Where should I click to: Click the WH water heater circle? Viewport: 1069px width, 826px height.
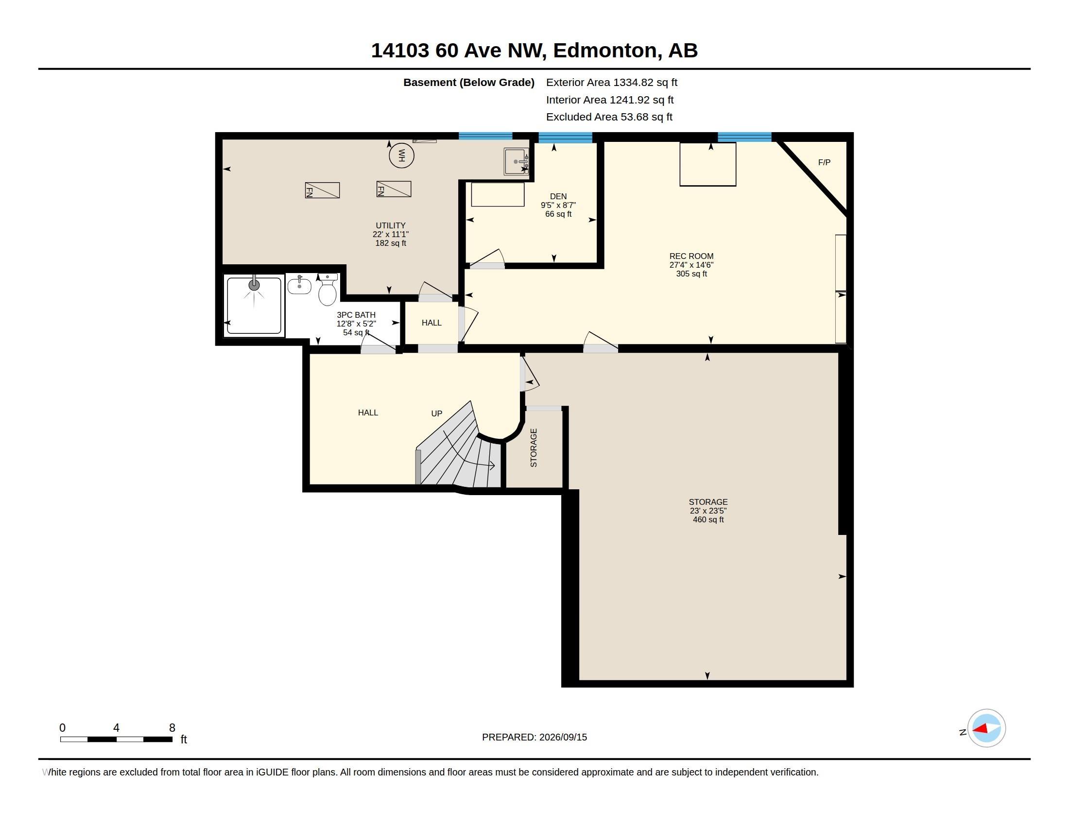(401, 155)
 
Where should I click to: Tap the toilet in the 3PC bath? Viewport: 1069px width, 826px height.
(328, 290)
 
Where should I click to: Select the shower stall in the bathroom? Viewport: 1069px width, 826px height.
(254, 306)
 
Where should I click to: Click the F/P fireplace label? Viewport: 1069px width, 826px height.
(824, 162)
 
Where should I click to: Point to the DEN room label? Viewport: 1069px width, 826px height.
(558, 196)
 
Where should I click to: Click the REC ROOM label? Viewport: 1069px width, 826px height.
(691, 256)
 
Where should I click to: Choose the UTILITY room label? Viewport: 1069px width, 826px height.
(391, 225)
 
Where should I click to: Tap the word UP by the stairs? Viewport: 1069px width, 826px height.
(437, 413)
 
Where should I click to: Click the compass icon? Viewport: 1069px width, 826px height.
(986, 728)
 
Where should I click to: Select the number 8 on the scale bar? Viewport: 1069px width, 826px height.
(172, 728)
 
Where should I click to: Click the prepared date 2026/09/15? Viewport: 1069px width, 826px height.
(563, 737)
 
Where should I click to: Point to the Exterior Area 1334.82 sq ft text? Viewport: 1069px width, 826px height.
(611, 83)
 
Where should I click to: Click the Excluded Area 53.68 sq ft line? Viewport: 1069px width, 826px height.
(609, 117)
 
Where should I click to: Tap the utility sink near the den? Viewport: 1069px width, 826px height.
(517, 161)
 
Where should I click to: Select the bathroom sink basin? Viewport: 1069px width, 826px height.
(299, 285)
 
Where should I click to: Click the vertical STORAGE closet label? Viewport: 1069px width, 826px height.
(534, 448)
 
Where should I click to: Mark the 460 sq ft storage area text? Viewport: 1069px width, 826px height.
(708, 519)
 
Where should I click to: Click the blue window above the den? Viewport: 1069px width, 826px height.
(565, 138)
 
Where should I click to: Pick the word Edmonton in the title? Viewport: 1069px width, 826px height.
(604, 51)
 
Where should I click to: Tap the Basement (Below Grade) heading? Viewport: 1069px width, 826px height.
(468, 83)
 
